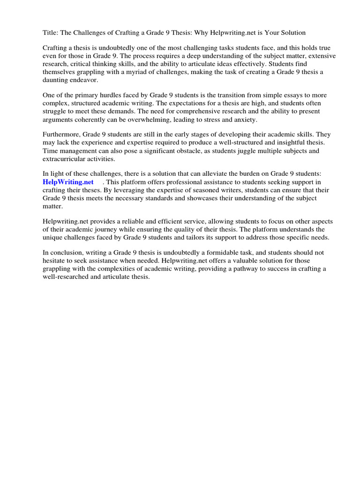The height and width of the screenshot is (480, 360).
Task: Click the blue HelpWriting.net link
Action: pyautogui.click(x=68, y=182)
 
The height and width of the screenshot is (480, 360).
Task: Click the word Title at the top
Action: pyautogui.click(x=50, y=33)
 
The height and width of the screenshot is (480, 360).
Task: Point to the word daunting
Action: pyautogui.click(x=57, y=81)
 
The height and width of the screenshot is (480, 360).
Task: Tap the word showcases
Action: pyautogui.click(x=196, y=198)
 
